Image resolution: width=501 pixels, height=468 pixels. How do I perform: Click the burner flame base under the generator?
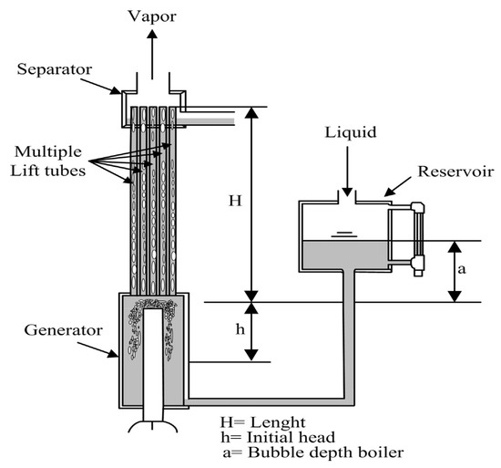coord(152,427)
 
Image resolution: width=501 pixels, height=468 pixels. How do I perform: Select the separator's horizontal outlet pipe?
coord(211,118)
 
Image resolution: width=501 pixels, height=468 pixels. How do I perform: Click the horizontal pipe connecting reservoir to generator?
coord(264,398)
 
